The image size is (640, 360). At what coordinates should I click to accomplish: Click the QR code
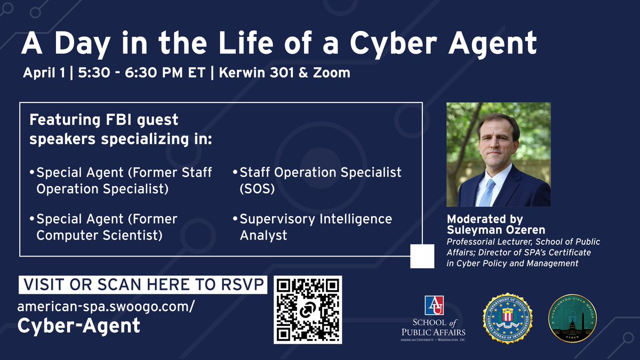tap(308, 309)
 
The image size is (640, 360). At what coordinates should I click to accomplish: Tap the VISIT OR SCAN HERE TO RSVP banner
tap(143, 285)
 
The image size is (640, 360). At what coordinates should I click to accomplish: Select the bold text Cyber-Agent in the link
tap(79, 325)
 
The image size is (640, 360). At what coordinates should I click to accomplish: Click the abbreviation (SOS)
tap(257, 189)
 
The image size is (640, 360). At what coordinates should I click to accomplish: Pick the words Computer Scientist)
tap(99, 235)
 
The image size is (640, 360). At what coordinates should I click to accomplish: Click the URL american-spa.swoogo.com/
tap(106, 307)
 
